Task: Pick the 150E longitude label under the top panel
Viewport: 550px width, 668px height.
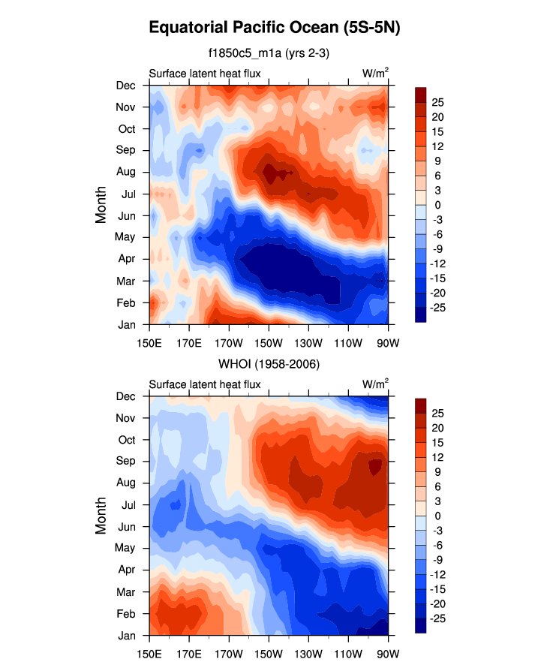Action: pos(149,337)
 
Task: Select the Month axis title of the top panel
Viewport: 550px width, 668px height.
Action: pos(101,205)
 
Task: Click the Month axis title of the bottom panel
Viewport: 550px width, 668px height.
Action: pos(101,516)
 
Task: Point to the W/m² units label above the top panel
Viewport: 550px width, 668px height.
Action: pos(375,73)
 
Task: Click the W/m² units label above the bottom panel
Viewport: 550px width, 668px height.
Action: pos(375,384)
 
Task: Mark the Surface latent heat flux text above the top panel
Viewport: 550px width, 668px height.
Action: pos(205,74)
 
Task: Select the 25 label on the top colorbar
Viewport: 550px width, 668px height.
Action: pos(438,102)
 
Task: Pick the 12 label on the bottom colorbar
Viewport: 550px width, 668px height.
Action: pos(438,456)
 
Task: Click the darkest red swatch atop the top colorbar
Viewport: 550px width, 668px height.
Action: pos(421,93)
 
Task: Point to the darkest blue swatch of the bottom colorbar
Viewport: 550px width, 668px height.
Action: pos(421,627)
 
